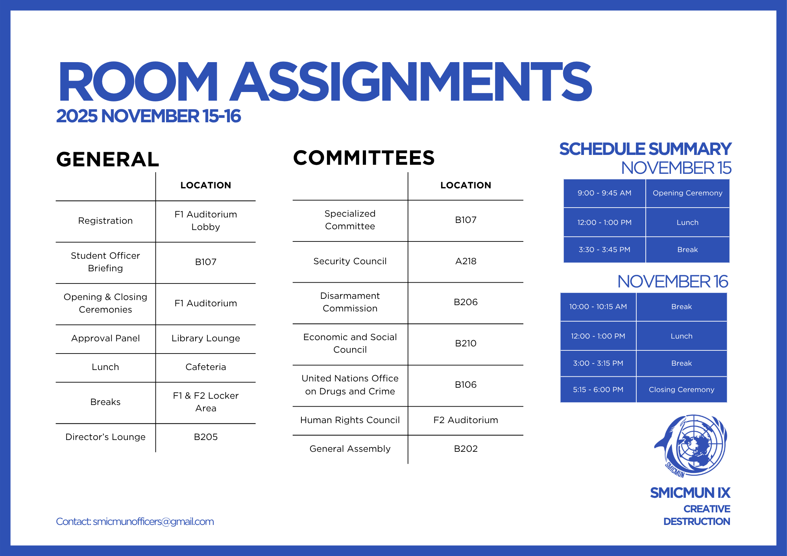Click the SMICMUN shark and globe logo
point(691,445)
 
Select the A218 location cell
point(466,261)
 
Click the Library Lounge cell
point(205,339)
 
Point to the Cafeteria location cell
point(205,367)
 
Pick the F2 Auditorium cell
point(466,420)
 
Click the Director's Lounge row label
point(105,437)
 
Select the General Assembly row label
point(350,449)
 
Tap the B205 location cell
point(205,437)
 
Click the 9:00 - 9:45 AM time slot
point(604,193)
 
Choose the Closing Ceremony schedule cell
point(681,390)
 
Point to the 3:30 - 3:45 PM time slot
point(604,250)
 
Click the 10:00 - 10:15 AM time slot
point(598,307)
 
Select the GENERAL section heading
point(108,160)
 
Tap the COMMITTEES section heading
point(364,158)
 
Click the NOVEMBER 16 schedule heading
point(672,282)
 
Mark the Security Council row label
point(350,261)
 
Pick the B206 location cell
point(466,302)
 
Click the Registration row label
point(105,221)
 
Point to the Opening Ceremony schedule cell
point(687,193)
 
